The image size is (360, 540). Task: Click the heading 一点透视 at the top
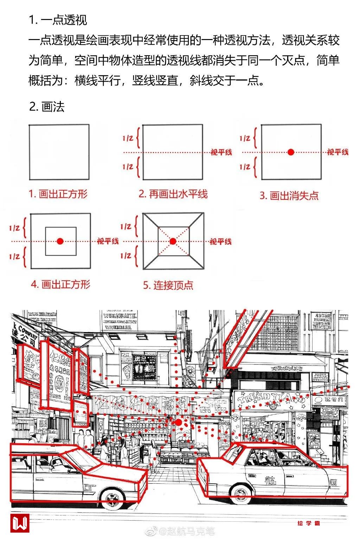(58, 20)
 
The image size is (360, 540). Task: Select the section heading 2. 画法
(47, 107)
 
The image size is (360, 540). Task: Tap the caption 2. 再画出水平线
(173, 194)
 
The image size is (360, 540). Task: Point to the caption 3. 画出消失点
(289, 196)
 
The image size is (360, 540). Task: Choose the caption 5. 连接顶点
(168, 285)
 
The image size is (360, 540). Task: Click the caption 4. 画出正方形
(60, 284)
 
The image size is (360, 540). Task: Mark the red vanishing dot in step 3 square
(291, 152)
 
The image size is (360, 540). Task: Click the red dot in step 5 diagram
(173, 241)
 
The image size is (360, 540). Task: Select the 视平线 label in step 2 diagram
(221, 152)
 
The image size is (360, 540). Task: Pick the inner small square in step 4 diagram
(61, 241)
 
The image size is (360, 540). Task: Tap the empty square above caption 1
(59, 152)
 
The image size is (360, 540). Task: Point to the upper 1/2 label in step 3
(245, 138)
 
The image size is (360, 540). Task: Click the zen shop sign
(329, 400)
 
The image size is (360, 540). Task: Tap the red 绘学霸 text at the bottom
(309, 523)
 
